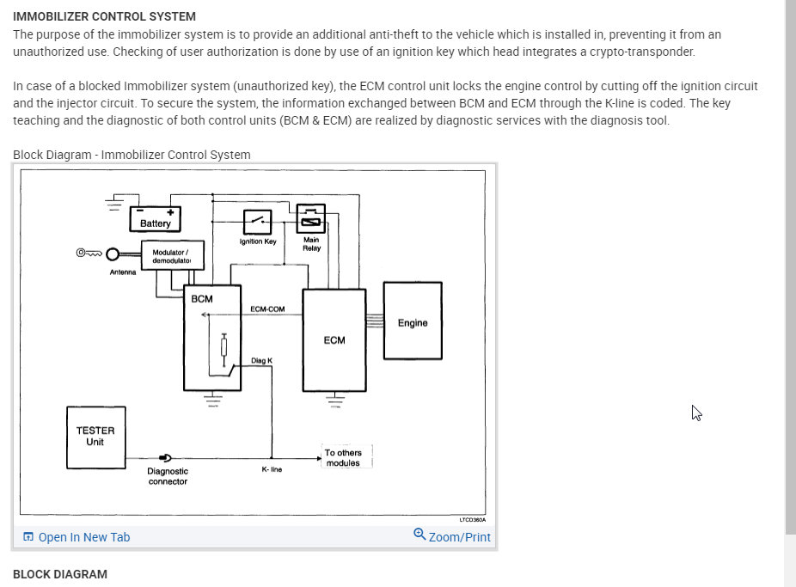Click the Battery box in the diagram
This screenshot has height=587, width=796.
click(x=156, y=218)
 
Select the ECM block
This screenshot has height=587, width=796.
click(x=334, y=339)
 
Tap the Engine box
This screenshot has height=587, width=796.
click(x=413, y=320)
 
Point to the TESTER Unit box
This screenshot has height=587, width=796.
click(x=95, y=437)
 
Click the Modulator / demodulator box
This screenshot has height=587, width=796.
click(x=172, y=255)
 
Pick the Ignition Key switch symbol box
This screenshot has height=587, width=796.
click(x=258, y=222)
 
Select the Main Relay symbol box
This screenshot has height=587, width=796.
click(x=309, y=218)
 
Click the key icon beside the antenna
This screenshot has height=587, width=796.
click(x=89, y=253)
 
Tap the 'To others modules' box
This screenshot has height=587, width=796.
click(x=344, y=457)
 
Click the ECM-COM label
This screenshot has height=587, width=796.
click(x=267, y=309)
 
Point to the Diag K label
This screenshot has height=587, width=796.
click(x=262, y=360)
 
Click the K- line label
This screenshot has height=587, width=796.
click(x=272, y=470)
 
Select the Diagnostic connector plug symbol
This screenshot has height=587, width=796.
click(x=165, y=458)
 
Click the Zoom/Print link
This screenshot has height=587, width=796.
click(x=452, y=536)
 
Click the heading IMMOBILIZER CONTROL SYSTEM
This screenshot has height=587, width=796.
click(x=104, y=16)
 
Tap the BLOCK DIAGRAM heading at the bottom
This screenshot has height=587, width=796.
click(x=60, y=574)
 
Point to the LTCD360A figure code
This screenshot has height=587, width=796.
click(x=471, y=520)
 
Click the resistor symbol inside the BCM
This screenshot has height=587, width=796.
click(x=224, y=345)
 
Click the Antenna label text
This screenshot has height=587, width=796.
click(x=123, y=272)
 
